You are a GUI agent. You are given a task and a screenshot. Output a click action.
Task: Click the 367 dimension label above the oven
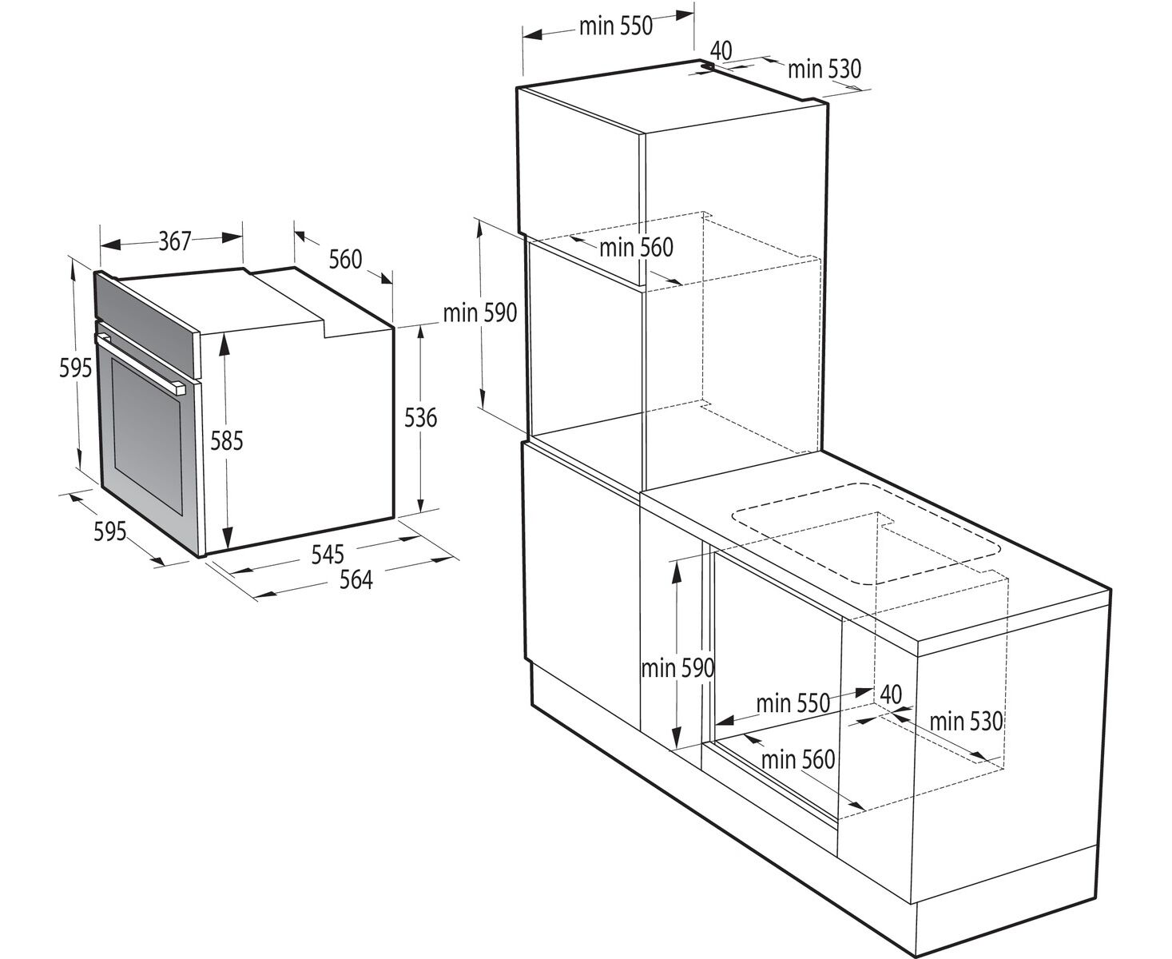[175, 242]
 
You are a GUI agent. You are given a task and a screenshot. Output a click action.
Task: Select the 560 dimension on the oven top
[345, 260]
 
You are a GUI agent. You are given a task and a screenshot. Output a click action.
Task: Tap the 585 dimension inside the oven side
[227, 441]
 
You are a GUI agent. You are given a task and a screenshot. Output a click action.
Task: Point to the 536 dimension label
[420, 417]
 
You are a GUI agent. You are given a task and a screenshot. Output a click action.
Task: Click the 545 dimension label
[328, 555]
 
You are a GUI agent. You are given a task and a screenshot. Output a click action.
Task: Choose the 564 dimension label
[356, 580]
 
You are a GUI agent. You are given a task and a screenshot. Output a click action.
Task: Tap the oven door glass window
[147, 435]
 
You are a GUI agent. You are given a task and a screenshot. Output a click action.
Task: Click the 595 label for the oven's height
[76, 368]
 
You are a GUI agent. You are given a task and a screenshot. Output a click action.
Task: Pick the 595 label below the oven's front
[110, 531]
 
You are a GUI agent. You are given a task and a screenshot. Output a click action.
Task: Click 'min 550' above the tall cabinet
[616, 26]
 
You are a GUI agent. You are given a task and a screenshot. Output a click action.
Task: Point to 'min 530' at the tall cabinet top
[824, 70]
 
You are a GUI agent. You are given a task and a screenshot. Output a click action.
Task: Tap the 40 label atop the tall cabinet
[721, 50]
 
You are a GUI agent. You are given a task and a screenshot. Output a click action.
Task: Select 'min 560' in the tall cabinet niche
[636, 248]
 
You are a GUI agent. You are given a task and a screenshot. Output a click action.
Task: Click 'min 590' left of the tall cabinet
[480, 313]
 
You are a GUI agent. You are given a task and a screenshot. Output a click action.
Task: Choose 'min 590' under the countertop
[677, 668]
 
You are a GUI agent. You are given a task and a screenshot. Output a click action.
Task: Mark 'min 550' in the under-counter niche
[793, 703]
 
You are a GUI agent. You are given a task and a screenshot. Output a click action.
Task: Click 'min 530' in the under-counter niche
[966, 722]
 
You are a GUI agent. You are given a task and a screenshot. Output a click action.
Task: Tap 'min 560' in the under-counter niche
[798, 759]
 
